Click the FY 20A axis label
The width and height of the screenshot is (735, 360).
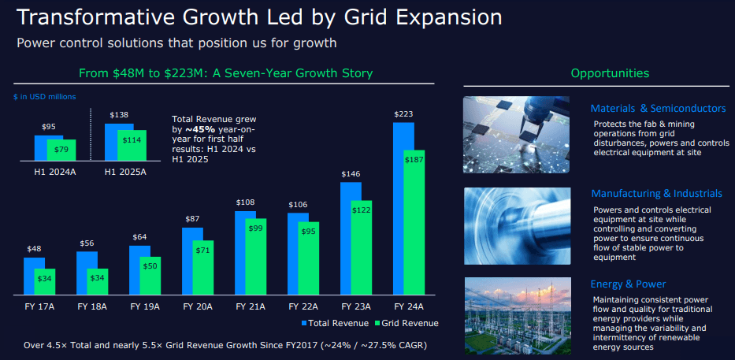click(197, 306)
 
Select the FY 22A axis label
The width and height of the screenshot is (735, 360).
click(303, 306)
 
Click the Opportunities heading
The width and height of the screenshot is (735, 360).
click(610, 73)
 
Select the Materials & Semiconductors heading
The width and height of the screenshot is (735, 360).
click(658, 108)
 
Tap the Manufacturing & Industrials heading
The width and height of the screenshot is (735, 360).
click(656, 193)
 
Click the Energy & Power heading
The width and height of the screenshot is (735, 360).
click(628, 284)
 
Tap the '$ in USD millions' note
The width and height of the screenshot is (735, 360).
click(44, 96)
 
